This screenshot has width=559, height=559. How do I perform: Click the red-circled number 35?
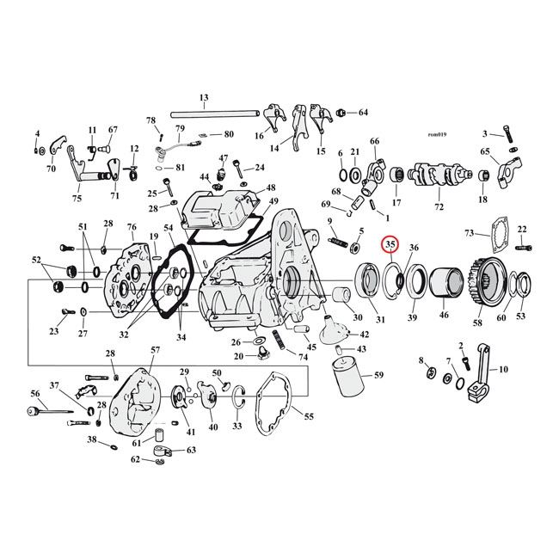[x=390, y=245]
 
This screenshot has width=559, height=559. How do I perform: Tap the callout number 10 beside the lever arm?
[x=504, y=369]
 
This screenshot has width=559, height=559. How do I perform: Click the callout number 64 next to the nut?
[x=363, y=113]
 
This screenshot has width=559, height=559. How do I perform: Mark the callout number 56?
[x=35, y=393]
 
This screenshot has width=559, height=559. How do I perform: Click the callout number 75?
[x=77, y=199]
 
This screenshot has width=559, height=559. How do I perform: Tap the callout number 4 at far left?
[x=37, y=133]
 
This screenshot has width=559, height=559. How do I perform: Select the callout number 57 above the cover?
[x=155, y=351]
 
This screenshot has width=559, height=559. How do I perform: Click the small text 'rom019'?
[x=439, y=134]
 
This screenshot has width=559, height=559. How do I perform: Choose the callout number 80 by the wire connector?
[x=229, y=134]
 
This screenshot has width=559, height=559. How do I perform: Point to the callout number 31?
[x=380, y=320]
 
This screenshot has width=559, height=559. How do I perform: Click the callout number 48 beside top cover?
[x=271, y=187]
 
